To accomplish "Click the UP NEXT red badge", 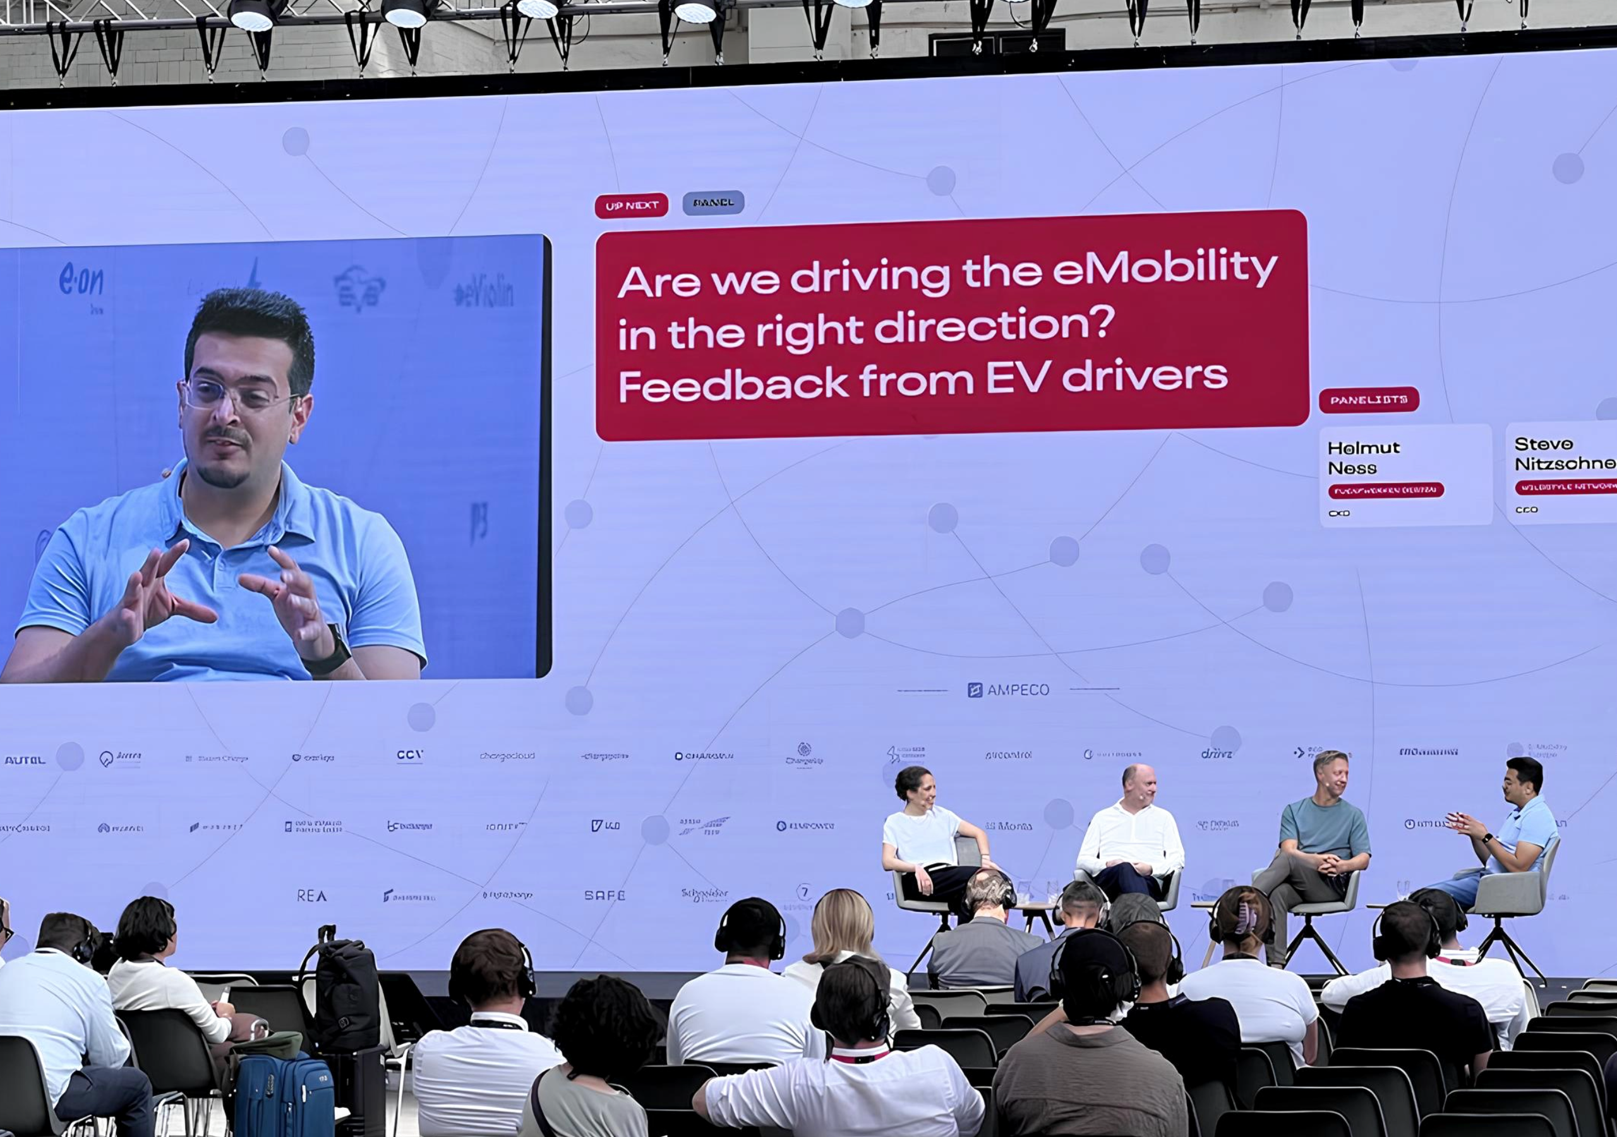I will tap(631, 206).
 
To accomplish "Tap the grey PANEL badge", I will tap(712, 203).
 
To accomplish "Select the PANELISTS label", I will tap(1368, 400).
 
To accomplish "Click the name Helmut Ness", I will tap(1362, 458).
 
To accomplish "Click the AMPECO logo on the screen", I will tap(1009, 690).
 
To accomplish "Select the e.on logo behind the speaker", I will tap(81, 281).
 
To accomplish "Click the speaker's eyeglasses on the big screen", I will tap(236, 397).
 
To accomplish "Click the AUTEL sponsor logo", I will tap(25, 760).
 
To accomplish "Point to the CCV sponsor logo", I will tap(409, 755).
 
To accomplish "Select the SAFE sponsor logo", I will tap(604, 895).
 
